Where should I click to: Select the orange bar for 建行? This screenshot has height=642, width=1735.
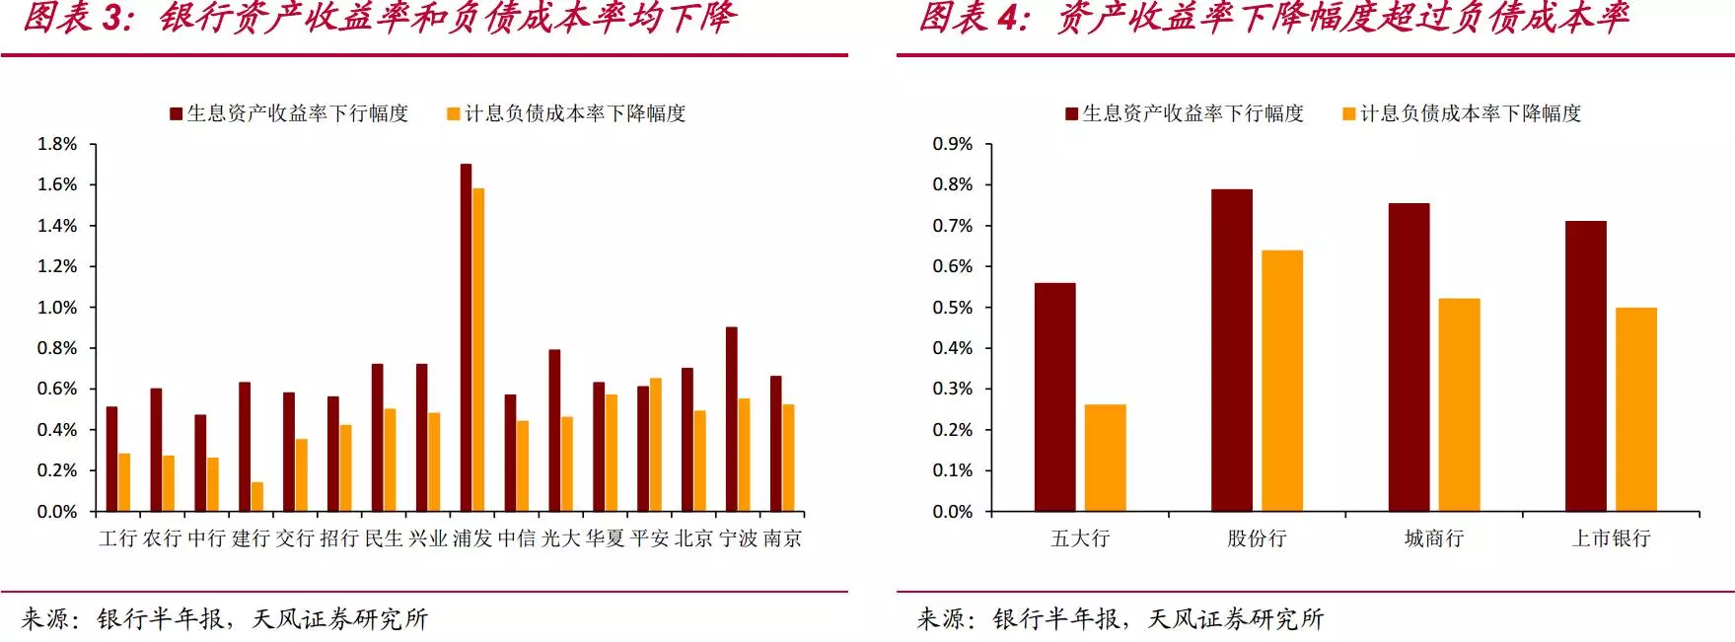pyautogui.click(x=257, y=496)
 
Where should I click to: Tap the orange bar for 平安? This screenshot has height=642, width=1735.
pyautogui.click(x=656, y=444)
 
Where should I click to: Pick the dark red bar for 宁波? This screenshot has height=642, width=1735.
pyautogui.click(x=732, y=419)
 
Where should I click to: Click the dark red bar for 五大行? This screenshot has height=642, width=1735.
pyautogui.click(x=1054, y=396)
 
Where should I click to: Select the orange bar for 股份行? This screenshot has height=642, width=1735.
pyautogui.click(x=1281, y=381)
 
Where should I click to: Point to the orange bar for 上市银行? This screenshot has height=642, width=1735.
pyautogui.click(x=1635, y=409)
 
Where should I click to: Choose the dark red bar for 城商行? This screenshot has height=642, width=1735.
pyautogui.click(x=1409, y=357)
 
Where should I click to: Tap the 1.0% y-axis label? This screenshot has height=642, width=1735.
pyautogui.click(x=57, y=308)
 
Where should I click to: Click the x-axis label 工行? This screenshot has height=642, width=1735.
pyautogui.click(x=117, y=538)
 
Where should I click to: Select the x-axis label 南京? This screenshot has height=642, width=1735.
pyautogui.click(x=782, y=538)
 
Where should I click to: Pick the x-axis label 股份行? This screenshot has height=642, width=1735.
pyautogui.click(x=1257, y=538)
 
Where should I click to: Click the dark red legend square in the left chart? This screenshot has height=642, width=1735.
pyautogui.click(x=177, y=114)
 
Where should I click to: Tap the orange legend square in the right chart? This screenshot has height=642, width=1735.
pyautogui.click(x=1349, y=114)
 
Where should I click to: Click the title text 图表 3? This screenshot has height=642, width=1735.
pyautogui.click(x=78, y=18)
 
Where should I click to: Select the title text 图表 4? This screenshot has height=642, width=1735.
pyautogui.click(x=974, y=18)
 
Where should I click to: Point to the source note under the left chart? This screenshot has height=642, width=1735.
pyautogui.click(x=225, y=618)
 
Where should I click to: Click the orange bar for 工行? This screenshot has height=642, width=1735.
pyautogui.click(x=124, y=482)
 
